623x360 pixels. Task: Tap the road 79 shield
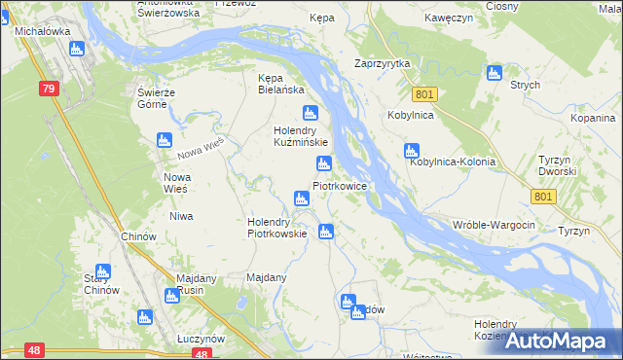click(50, 89)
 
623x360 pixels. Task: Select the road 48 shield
click(35, 349)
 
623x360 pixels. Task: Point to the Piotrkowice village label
click(339, 185)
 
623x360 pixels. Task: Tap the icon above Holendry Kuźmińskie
click(311, 113)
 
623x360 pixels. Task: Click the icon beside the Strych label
click(494, 73)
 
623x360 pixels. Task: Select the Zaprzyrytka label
click(383, 63)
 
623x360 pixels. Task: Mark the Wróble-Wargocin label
click(494, 225)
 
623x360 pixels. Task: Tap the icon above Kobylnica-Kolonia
click(412, 151)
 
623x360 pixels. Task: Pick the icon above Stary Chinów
click(102, 271)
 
